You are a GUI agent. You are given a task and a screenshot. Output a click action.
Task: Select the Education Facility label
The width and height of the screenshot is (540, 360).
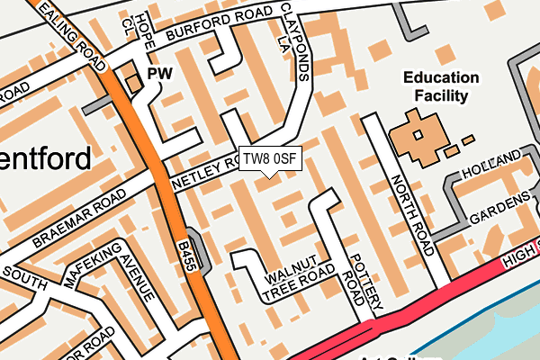(436, 86)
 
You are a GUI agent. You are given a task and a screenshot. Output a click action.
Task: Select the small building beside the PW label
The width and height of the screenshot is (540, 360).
(133, 83)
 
